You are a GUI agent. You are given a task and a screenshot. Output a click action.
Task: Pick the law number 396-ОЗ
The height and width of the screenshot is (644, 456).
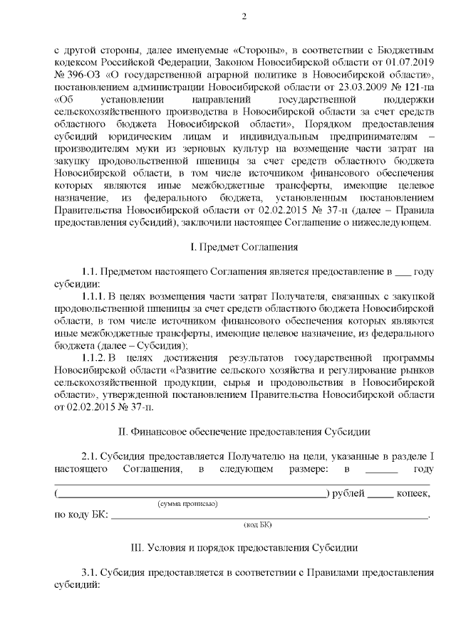78,75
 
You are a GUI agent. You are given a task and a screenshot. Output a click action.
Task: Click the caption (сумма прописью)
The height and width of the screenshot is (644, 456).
187,504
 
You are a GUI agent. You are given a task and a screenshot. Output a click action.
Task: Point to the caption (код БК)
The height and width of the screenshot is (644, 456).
258,524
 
